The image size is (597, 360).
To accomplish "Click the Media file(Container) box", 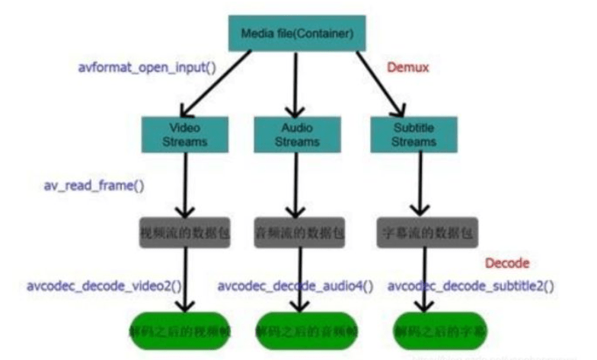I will click(x=297, y=33).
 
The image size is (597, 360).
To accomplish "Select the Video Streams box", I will click(x=185, y=135).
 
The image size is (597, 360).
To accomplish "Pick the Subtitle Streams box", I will click(x=413, y=135).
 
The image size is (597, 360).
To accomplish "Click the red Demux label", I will click(x=407, y=68).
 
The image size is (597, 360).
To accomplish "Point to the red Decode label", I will click(x=507, y=263).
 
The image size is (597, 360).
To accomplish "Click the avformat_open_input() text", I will click(x=147, y=67).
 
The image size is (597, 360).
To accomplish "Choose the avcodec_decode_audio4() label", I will click(x=296, y=286).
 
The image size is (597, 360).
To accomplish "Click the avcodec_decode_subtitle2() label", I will click(x=471, y=286).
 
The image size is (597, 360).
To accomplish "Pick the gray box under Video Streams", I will click(x=185, y=231).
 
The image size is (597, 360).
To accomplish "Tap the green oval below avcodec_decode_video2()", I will click(x=178, y=330).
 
